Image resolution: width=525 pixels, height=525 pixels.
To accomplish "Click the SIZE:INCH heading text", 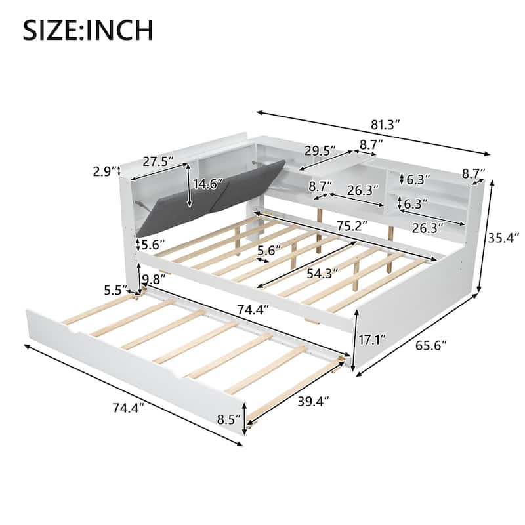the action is tap(88, 30).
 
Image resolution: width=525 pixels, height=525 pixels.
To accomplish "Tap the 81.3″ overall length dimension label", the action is tap(385, 125).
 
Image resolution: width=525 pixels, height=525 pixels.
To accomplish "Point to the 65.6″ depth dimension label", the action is tap(431, 345).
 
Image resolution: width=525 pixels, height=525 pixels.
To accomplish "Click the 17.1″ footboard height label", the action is tap(371, 340).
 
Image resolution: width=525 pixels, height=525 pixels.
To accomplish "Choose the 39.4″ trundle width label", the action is tap(314, 401).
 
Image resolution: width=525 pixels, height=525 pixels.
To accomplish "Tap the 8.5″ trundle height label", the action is tap(229, 419).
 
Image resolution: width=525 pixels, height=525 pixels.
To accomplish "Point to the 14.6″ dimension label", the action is tap(207, 184).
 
